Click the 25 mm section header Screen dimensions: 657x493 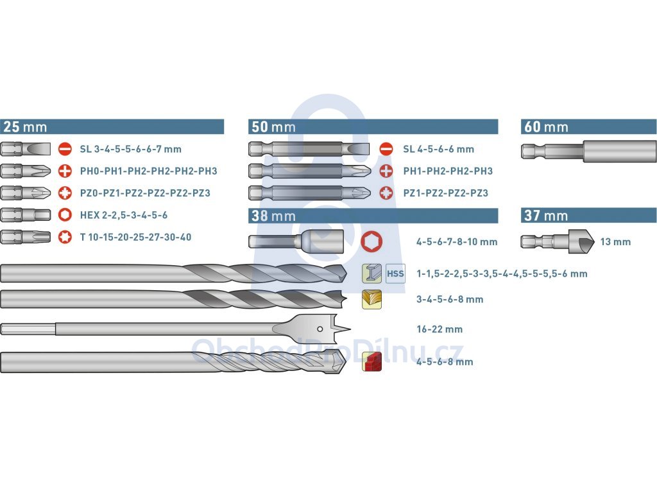tap(112, 126)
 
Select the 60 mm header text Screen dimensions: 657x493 tap(546, 126)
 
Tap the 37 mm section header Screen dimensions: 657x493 tap(589, 215)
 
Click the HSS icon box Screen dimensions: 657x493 tap(395, 273)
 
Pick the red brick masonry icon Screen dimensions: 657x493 tap(371, 362)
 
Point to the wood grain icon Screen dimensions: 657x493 tap(371, 299)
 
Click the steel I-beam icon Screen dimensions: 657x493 tap(371, 273)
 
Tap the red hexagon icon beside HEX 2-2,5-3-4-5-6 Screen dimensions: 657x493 tap(65, 214)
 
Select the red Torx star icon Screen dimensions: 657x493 tap(65, 237)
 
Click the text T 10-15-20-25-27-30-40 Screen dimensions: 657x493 tap(136, 238)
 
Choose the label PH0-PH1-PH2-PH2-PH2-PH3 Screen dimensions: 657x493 tap(149, 171)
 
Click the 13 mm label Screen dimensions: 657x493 tap(615, 242)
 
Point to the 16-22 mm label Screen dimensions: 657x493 tap(439, 329)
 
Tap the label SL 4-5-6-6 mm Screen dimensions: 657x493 tap(438, 149)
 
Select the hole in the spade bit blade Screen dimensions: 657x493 tap(320, 329)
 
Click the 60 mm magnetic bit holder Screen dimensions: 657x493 tap(589, 151)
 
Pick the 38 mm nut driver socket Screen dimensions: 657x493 tap(296, 241)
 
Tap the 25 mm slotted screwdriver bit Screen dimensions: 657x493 tap(25, 149)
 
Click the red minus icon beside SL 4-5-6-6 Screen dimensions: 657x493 tap(386, 149)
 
